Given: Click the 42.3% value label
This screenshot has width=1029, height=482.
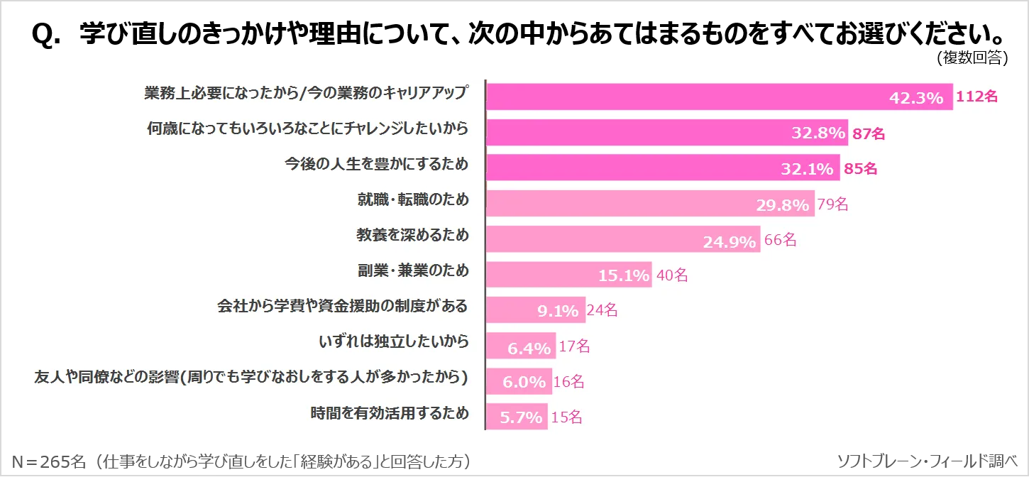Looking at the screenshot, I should coord(916,97).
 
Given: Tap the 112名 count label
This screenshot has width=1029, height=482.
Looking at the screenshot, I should coord(977,97).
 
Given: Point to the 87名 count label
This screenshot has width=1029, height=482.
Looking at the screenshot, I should coord(868,133).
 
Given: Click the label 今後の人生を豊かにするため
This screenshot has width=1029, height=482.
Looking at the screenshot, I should coord(376,164).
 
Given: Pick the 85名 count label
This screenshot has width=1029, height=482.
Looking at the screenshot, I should coord(860,169).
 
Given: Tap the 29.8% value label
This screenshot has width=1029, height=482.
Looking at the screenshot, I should coord(782,205).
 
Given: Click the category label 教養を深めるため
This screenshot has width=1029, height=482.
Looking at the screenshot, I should coord(412,235).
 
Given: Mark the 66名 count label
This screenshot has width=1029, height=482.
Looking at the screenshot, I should coord(780,240).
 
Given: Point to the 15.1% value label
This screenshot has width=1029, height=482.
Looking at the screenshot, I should coord(624,275).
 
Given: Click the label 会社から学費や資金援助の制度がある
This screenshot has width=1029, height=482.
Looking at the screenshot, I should coord(342,306).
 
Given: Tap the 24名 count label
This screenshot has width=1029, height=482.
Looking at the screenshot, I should coord(601,310).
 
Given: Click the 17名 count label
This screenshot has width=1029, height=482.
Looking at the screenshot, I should coord(574,346).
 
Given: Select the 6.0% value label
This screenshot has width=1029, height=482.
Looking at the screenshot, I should coord(524,382).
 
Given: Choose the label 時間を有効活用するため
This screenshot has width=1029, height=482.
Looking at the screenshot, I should coord(390,412).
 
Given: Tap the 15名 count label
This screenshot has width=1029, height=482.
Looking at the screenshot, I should coord(566,417).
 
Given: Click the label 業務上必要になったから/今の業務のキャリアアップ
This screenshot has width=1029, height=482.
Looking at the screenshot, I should coord(306,93).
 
